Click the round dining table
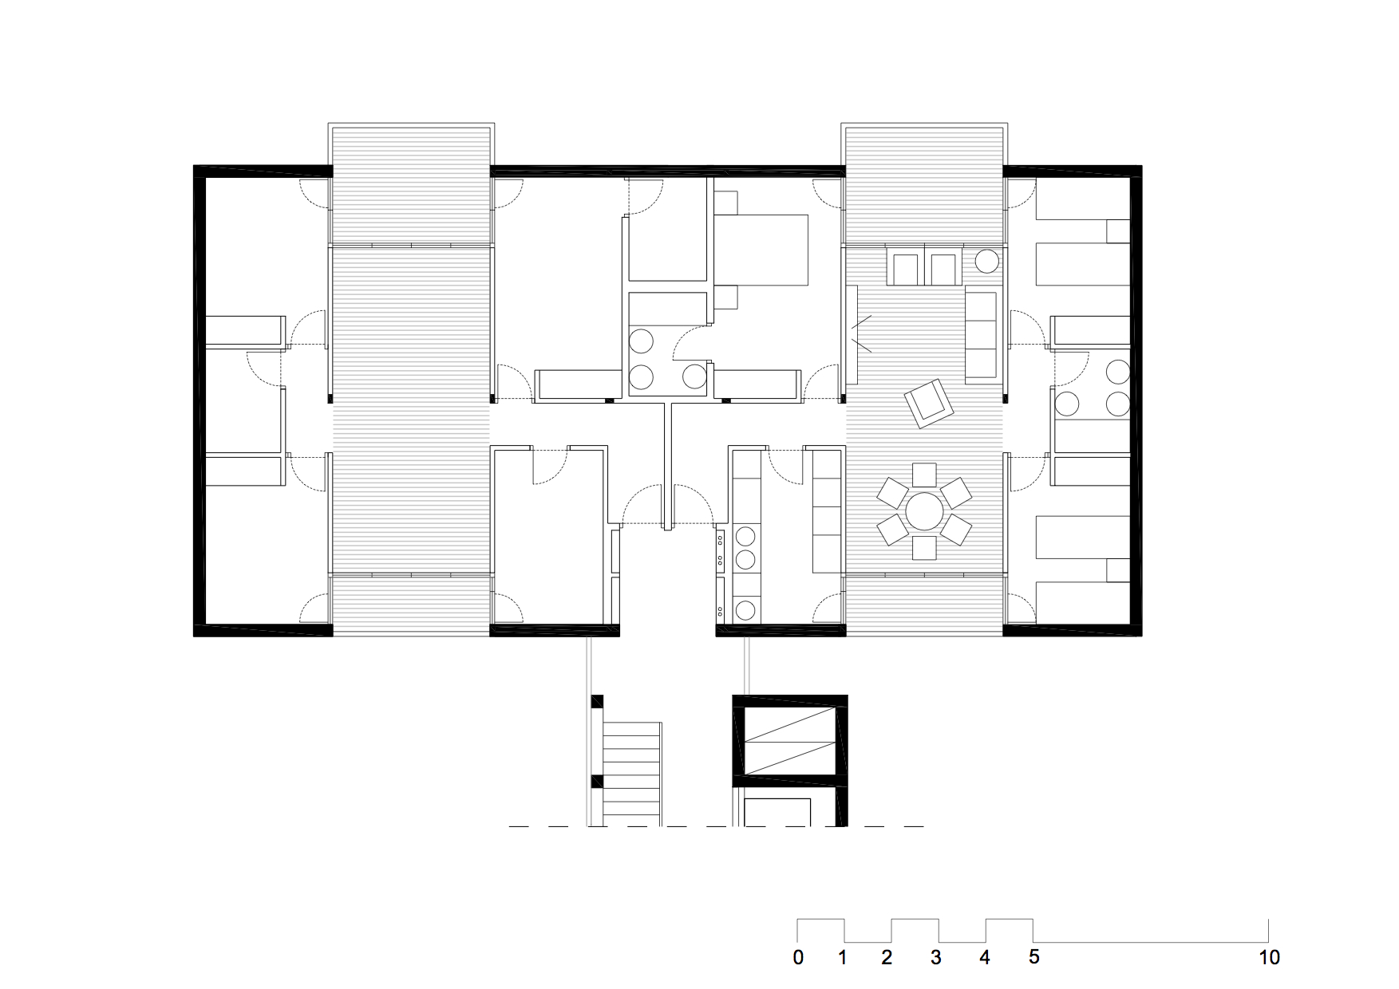[924, 511]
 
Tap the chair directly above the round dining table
[924, 475]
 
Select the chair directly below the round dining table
[924, 548]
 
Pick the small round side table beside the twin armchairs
[988, 262]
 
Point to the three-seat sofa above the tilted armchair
[982, 335]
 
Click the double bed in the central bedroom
[761, 249]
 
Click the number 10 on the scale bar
[1269, 957]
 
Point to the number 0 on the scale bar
[798, 957]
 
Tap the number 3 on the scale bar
[935, 957]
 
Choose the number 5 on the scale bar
[1034, 957]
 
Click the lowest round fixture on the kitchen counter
[745, 611]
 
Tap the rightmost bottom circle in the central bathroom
[694, 375]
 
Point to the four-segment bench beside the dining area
[828, 511]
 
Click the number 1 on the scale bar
[843, 957]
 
